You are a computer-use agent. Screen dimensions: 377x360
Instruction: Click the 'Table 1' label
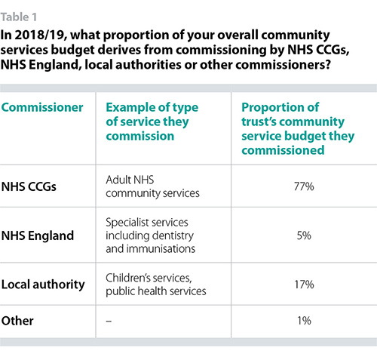19,17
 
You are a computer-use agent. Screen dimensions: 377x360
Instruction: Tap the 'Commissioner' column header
42,107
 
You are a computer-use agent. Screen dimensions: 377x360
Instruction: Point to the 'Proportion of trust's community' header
293,115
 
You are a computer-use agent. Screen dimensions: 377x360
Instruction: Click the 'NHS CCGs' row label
29,186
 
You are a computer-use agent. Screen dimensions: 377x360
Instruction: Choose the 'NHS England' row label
38,235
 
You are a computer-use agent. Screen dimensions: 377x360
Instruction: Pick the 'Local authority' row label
43,285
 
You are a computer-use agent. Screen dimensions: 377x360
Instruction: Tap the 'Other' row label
17,321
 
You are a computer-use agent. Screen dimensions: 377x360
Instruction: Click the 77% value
304,186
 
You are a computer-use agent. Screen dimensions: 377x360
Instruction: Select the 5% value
304,235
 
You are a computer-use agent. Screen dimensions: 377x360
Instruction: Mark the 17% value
304,285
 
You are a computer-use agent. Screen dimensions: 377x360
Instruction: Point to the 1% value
304,321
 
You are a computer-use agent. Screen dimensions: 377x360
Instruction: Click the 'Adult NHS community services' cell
152,186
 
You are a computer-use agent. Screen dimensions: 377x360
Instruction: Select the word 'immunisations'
161,249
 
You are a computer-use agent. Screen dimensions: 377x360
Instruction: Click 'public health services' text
156,291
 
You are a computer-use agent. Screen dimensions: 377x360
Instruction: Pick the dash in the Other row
109,321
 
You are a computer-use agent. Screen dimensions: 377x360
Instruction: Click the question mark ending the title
327,65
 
